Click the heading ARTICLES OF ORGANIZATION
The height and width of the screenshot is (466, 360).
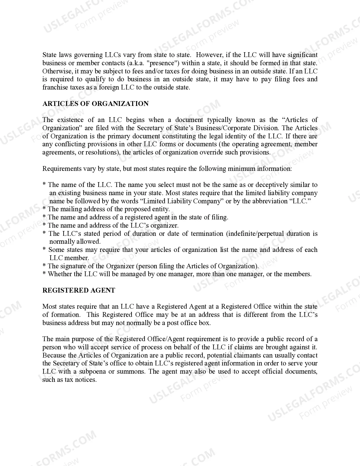(x=95, y=104)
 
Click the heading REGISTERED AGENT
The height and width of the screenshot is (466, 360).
(x=79, y=290)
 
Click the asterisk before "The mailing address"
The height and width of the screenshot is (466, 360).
(x=44, y=209)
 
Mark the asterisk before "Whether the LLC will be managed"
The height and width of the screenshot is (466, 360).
(x=44, y=274)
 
